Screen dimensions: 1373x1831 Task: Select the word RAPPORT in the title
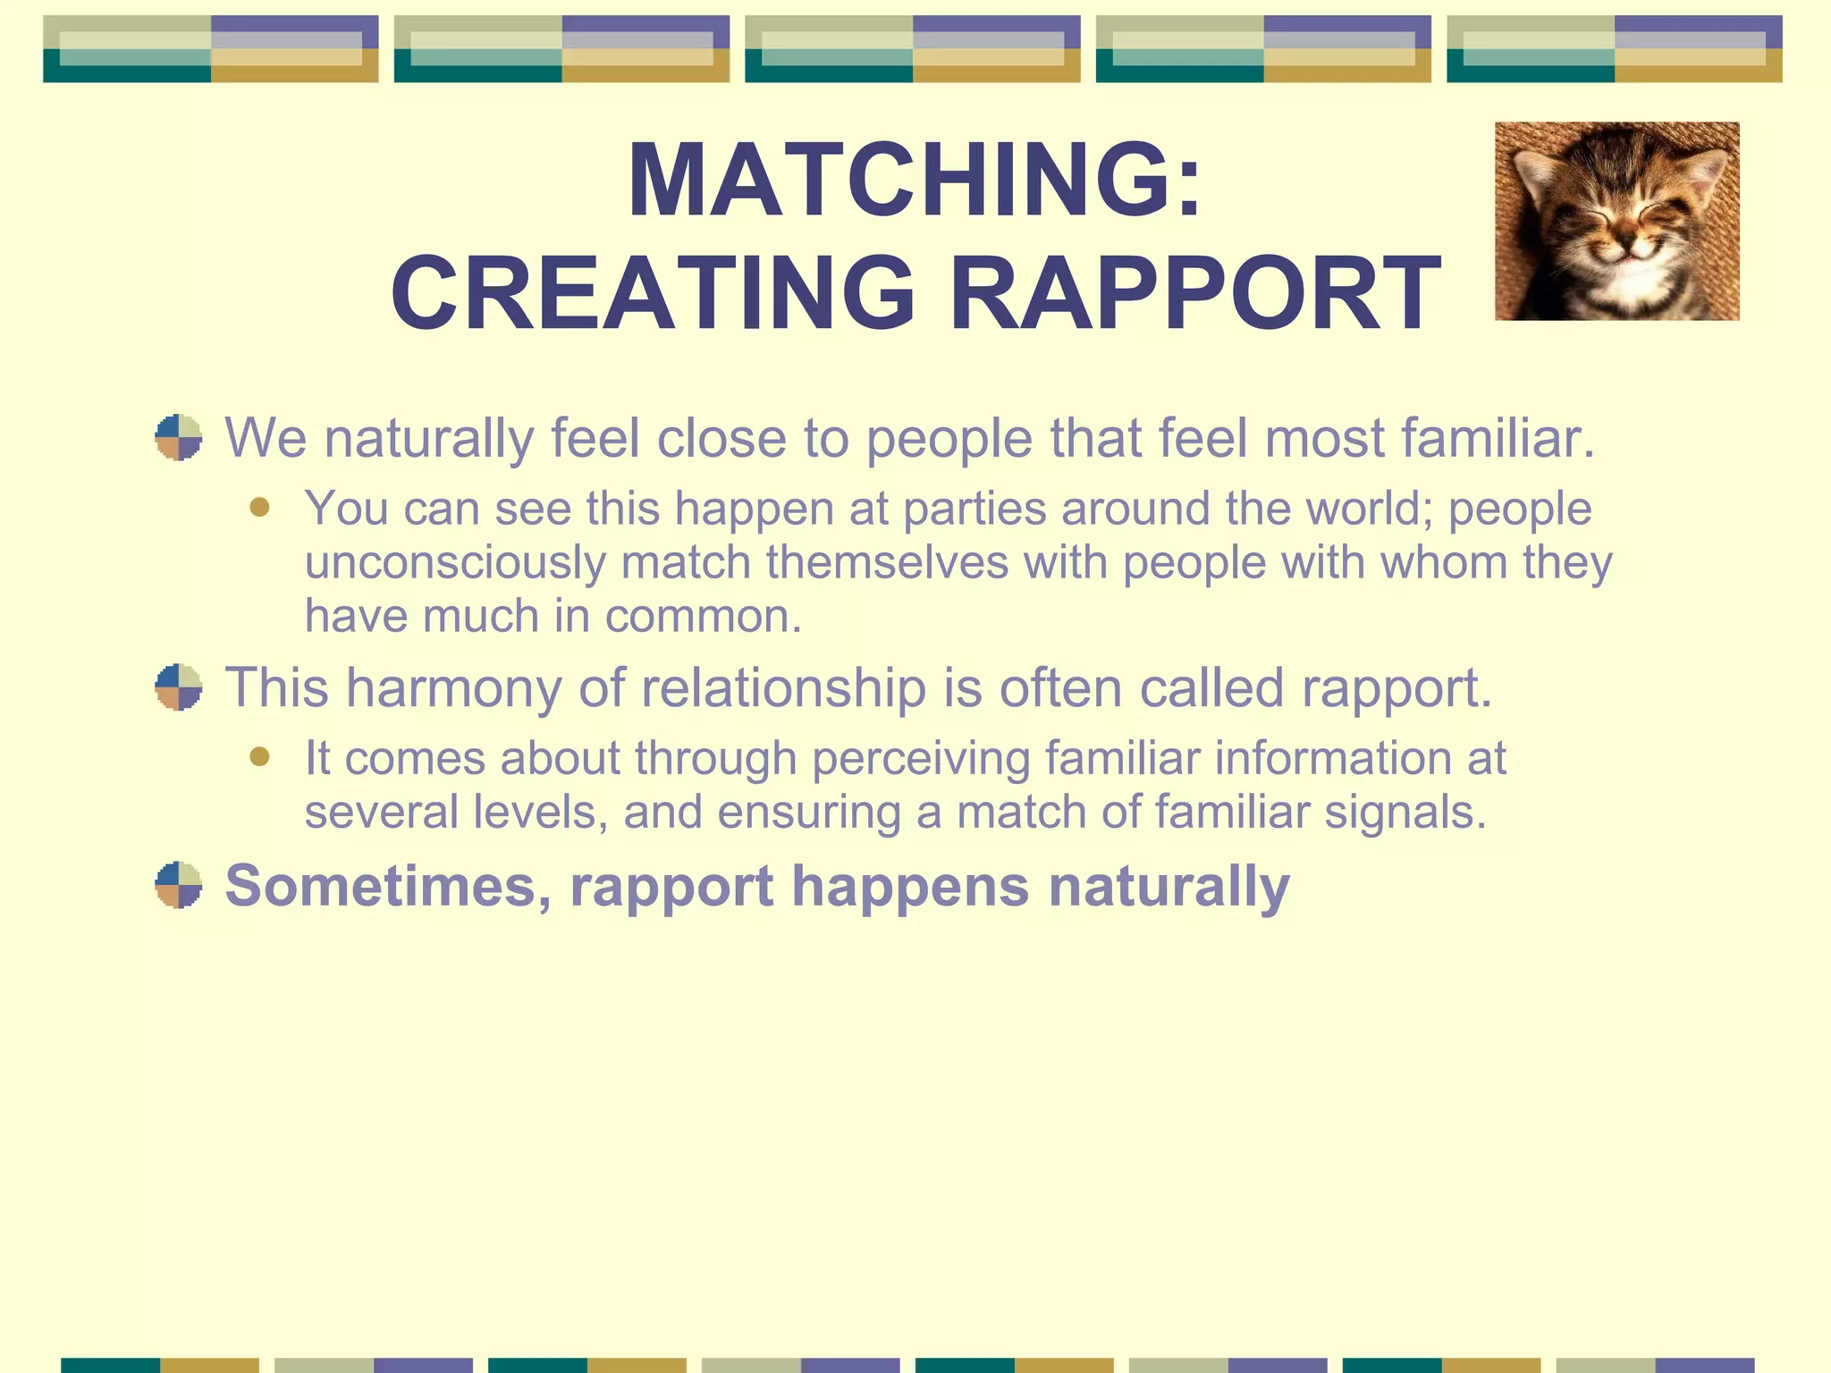[1194, 293]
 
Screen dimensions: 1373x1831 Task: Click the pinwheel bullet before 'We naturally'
[179, 437]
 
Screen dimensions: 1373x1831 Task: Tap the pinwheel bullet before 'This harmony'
[179, 686]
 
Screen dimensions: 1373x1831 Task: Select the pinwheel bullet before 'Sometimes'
[179, 885]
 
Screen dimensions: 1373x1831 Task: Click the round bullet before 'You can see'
[260, 508]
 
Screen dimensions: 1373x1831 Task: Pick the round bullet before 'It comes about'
[260, 757]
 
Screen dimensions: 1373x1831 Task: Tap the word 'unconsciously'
[455, 563]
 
